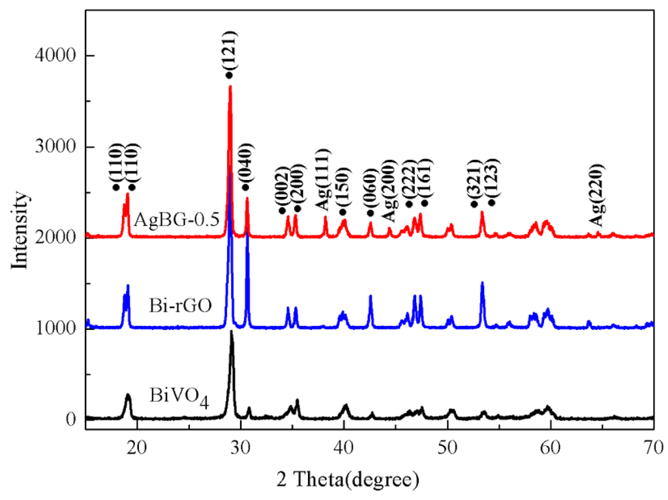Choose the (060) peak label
(371, 192)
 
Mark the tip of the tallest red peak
(230, 86)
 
